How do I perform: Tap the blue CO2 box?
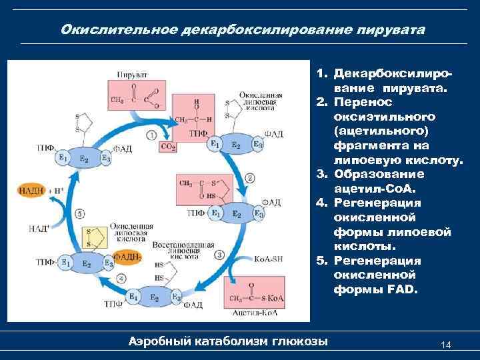pyautogui.click(x=168, y=146)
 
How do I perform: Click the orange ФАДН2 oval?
pyautogui.click(x=127, y=256)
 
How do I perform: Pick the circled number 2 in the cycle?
pyautogui.click(x=250, y=177)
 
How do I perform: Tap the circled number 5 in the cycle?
pyautogui.click(x=80, y=214)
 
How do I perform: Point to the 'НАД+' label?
pyautogui.click(x=38, y=229)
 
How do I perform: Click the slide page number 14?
pyautogui.click(x=446, y=344)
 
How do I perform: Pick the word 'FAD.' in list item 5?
pyautogui.click(x=399, y=289)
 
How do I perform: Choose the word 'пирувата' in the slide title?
pyautogui.click(x=389, y=30)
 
